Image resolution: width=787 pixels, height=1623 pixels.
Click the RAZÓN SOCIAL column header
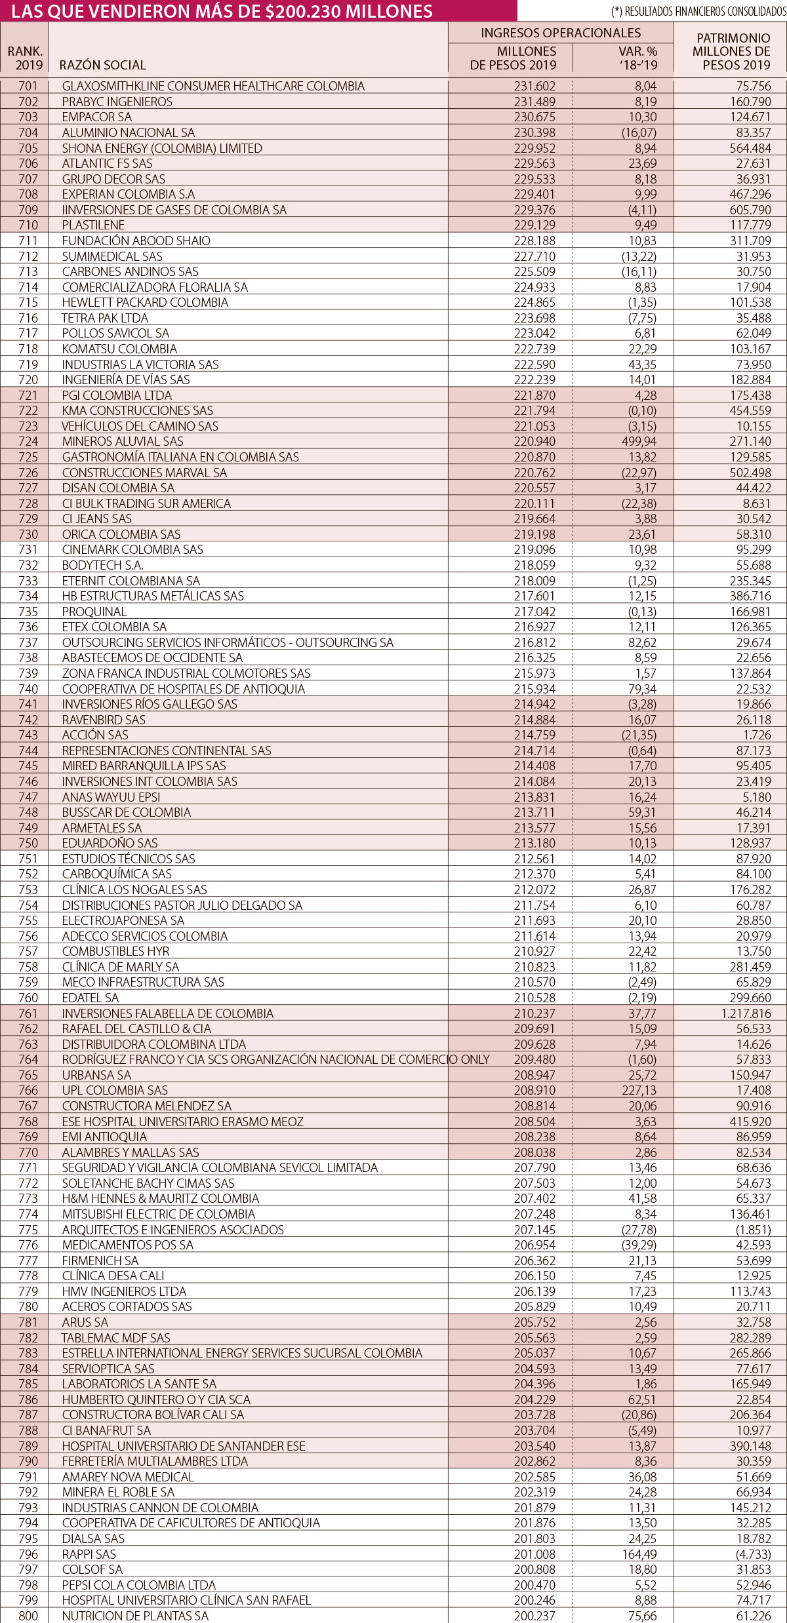point(102,65)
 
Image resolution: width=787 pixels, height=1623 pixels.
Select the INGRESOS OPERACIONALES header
point(561,33)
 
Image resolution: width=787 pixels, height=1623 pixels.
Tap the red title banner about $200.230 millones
point(223,11)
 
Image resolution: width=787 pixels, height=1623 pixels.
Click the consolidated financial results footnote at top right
point(698,12)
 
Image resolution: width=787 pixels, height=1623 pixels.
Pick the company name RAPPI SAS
point(89,1554)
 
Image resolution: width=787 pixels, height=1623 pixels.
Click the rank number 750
point(28,843)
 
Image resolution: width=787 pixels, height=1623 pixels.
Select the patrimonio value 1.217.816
point(745,1013)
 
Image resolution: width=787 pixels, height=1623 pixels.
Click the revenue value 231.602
point(535,86)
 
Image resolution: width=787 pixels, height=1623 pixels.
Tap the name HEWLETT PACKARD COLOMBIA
point(145,302)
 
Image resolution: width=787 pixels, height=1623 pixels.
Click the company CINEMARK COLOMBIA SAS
point(132,549)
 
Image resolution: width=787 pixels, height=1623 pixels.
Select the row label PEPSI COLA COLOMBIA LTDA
point(138,1585)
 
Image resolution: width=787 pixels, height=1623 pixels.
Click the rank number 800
point(28,1616)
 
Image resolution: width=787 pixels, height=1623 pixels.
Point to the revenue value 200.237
point(535,1616)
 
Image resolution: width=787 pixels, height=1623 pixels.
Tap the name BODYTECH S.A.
point(102,565)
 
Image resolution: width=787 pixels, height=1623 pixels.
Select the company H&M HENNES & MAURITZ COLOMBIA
point(160,1198)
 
